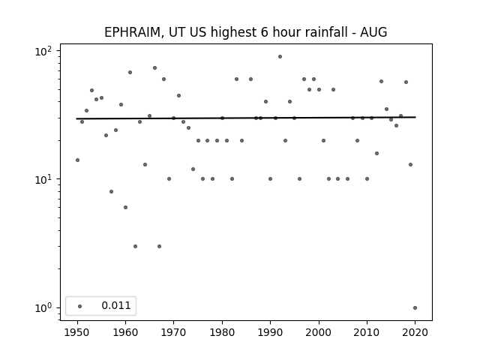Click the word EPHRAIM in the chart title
(132, 32)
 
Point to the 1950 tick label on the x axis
(77, 332)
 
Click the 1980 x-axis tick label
(222, 332)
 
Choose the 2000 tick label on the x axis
(319, 332)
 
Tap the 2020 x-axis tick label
(415, 332)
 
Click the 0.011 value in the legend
(116, 305)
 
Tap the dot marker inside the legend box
(80, 306)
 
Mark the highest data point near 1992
(280, 57)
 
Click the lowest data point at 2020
(415, 308)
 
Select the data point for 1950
(77, 160)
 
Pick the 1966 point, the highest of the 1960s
(155, 68)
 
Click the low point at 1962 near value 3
(135, 247)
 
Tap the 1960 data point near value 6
(125, 208)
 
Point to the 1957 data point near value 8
(111, 192)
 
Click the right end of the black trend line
(415, 117)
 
